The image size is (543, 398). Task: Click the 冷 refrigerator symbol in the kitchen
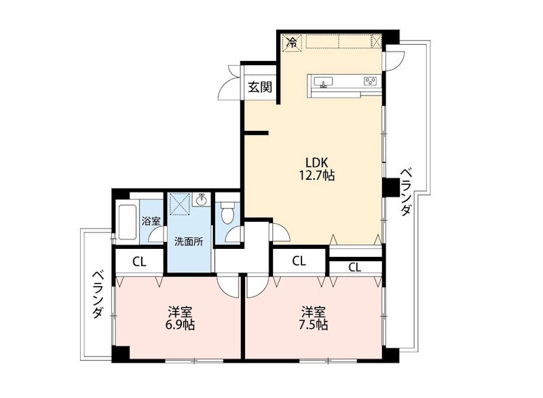[x=293, y=42]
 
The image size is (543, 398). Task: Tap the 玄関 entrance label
[x=259, y=87]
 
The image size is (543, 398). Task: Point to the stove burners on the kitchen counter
[x=370, y=81]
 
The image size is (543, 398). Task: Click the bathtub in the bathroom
[x=128, y=222]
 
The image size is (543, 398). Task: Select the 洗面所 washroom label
[x=189, y=241]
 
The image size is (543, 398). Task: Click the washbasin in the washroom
[x=202, y=201]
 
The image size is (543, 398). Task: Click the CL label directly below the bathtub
[x=138, y=261]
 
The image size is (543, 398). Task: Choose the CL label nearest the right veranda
[x=355, y=267]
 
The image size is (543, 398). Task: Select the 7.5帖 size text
[x=314, y=325]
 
